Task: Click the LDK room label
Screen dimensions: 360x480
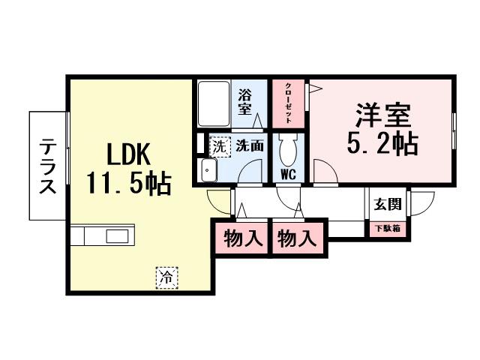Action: pyautogui.click(x=129, y=154)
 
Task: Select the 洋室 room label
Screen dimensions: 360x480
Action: pyautogui.click(x=382, y=116)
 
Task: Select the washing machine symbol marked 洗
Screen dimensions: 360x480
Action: pyautogui.click(x=218, y=145)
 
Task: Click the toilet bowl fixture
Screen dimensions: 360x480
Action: pyautogui.click(x=288, y=153)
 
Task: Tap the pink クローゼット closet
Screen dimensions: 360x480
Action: pyautogui.click(x=288, y=105)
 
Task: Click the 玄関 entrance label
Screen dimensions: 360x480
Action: pyautogui.click(x=388, y=203)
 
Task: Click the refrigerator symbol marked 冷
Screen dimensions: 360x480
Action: pyautogui.click(x=167, y=278)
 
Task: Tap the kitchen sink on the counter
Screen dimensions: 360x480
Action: pyautogui.click(x=117, y=237)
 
